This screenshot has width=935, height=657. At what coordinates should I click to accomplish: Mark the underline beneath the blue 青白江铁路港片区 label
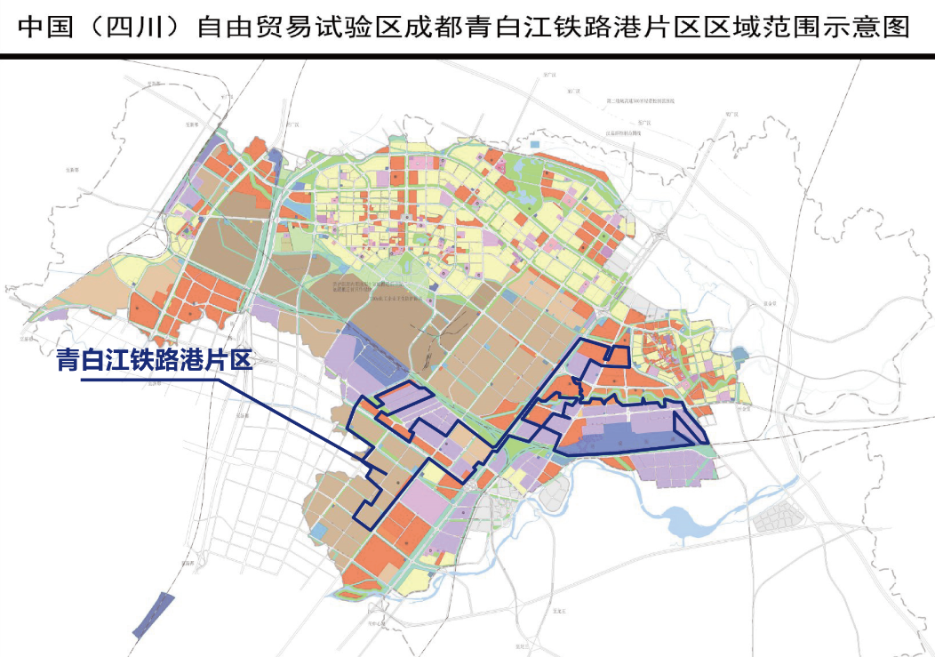[151, 380]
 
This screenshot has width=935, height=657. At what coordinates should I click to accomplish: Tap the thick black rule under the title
[467, 56]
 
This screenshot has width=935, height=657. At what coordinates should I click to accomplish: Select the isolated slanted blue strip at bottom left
[153, 614]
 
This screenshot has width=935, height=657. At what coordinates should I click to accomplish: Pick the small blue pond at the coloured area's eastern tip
[742, 357]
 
